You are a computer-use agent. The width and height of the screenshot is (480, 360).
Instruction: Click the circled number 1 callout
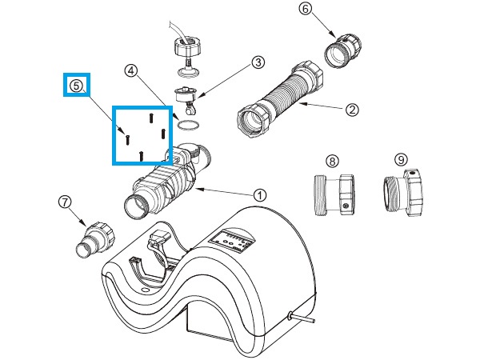click(x=259, y=194)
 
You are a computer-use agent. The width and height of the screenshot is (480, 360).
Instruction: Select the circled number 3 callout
click(x=258, y=62)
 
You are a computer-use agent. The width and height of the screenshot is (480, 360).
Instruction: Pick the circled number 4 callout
click(x=131, y=70)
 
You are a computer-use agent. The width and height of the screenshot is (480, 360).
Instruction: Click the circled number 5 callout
click(x=76, y=84)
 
